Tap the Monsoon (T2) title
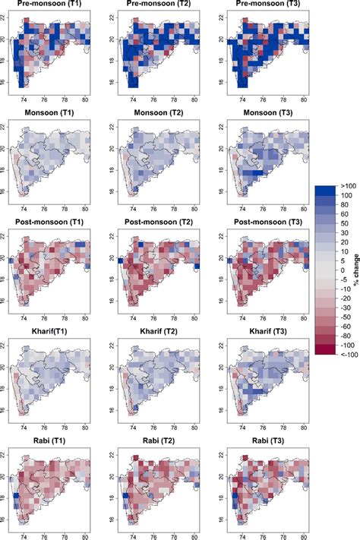[160, 112]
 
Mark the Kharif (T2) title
[160, 333]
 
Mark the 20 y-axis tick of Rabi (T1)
[7, 476]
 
